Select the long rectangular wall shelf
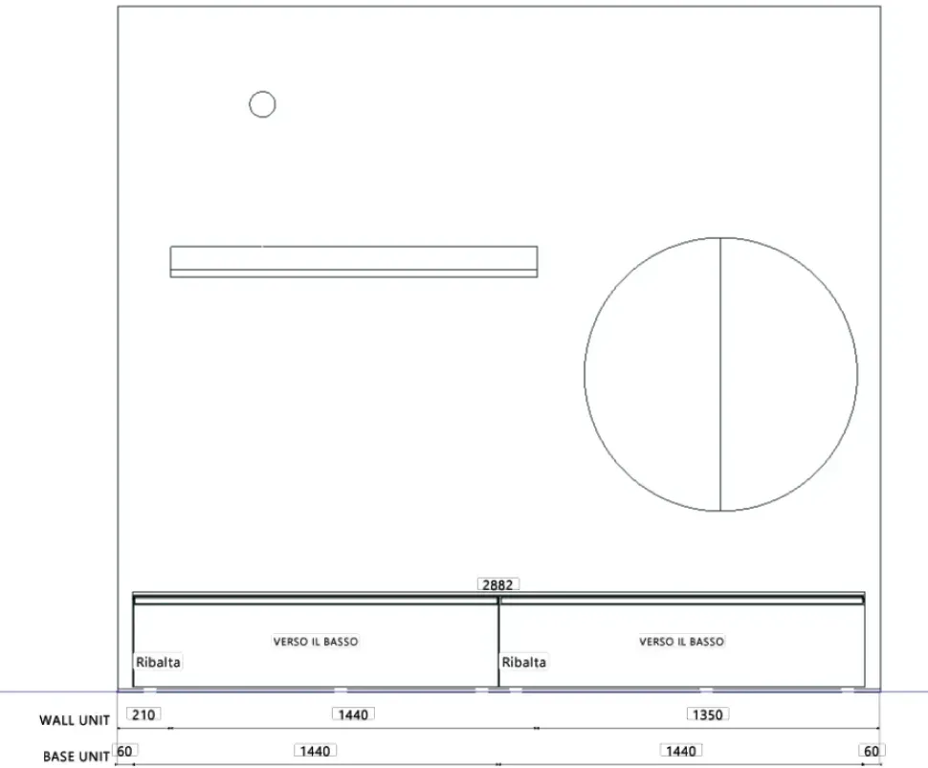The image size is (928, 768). coord(354,261)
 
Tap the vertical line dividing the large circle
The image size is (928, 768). coord(720,374)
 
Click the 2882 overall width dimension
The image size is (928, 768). coord(498,584)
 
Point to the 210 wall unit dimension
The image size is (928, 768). coord(144,714)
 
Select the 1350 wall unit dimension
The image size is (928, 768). coord(708,714)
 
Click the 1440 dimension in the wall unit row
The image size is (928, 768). coord(353,714)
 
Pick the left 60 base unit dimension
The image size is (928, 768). coord(125,752)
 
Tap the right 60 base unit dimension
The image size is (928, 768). coord(872,752)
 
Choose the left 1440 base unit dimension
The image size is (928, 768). coord(316,752)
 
